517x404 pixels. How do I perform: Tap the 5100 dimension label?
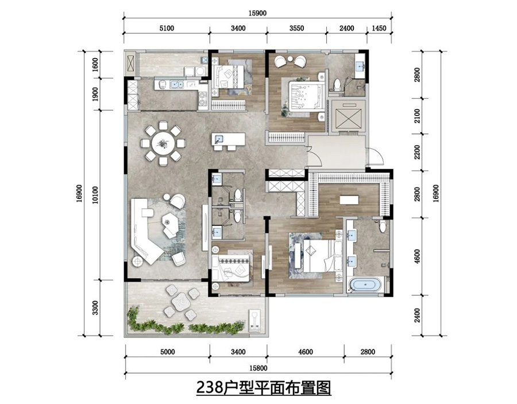point(167,26)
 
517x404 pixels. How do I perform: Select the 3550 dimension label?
point(296,26)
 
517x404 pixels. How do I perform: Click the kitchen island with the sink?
point(228,140)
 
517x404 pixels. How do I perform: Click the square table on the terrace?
point(181,301)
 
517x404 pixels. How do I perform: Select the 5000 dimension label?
point(167,352)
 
